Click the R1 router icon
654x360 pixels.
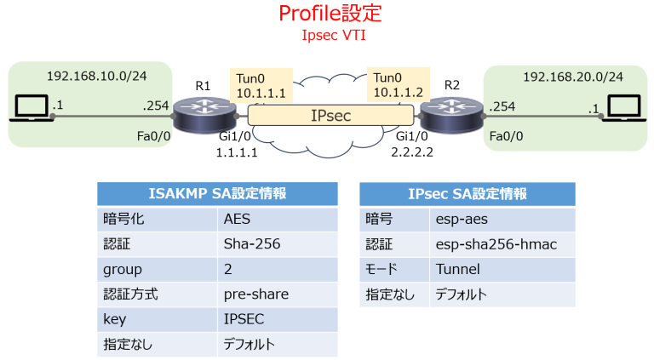click(x=203, y=112)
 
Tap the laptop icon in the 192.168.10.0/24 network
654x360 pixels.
click(x=32, y=109)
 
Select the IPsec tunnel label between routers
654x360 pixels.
click(x=331, y=114)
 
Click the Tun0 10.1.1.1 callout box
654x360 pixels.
click(x=260, y=83)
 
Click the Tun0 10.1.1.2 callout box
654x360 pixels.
click(x=397, y=83)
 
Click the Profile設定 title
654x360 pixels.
click(x=330, y=14)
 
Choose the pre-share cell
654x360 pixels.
click(x=255, y=294)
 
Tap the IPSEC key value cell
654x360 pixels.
click(x=244, y=320)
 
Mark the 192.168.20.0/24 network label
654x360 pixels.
click(x=572, y=77)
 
